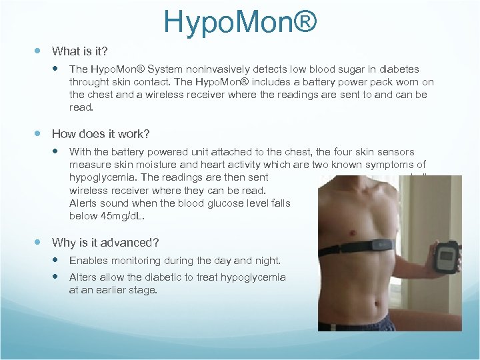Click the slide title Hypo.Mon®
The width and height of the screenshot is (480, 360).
[240, 21]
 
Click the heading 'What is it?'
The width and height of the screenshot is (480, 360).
[81, 51]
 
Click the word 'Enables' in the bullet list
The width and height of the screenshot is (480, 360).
[87, 261]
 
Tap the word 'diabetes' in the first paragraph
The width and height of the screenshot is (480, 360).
[399, 69]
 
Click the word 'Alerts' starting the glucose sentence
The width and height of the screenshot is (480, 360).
[84, 203]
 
